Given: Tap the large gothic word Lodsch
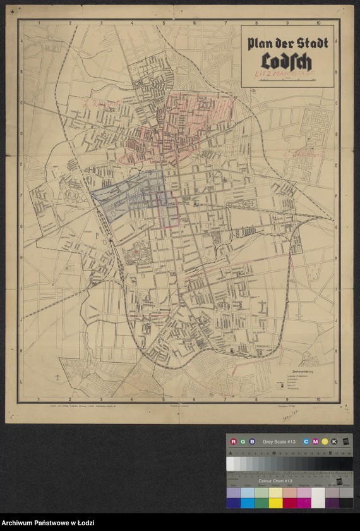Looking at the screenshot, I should click(288, 62).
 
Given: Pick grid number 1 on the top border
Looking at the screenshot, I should click(39, 23).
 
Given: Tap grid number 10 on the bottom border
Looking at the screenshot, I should click(318, 400).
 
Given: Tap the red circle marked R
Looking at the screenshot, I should click(234, 441).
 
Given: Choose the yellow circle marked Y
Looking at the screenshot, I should click(324, 441).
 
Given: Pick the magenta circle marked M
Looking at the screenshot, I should click(315, 441).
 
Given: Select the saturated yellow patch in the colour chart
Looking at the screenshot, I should click(275, 503).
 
